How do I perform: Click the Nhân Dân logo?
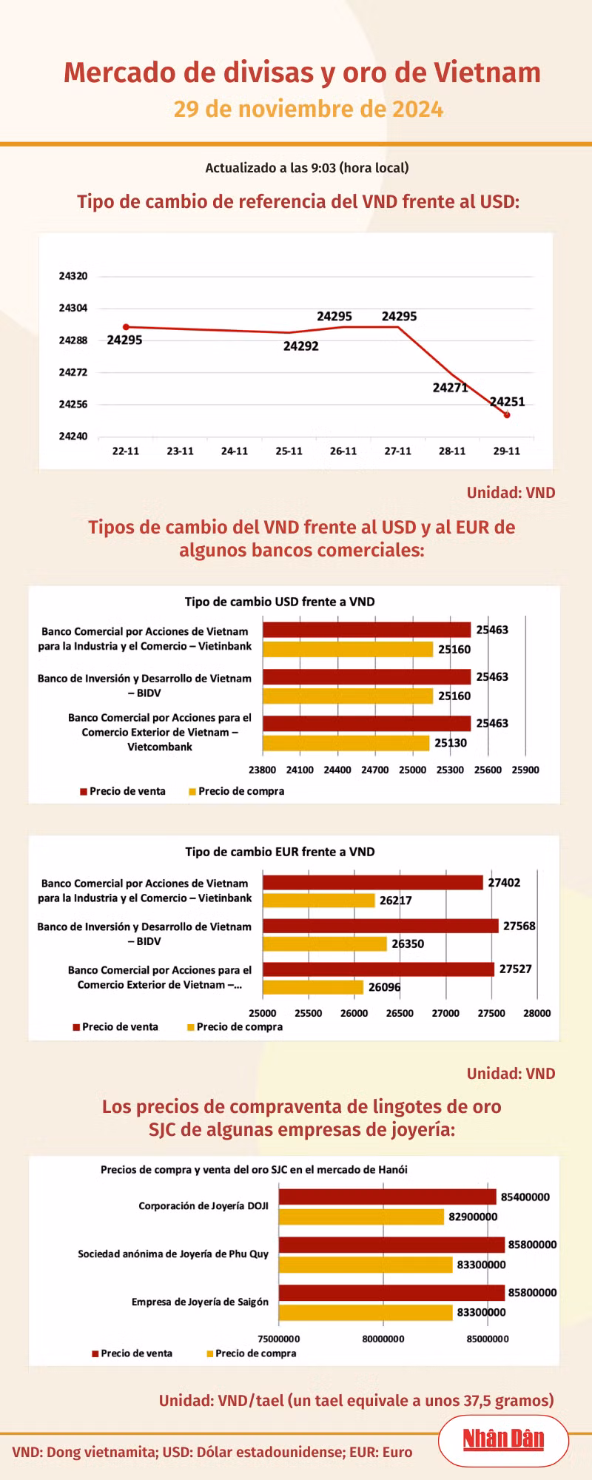(503, 1439)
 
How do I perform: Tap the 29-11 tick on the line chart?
(507, 451)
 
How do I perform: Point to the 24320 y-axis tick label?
(73, 276)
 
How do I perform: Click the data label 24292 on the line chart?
(301, 346)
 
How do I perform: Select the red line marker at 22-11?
(126, 326)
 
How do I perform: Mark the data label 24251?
(508, 402)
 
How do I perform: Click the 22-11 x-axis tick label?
(126, 451)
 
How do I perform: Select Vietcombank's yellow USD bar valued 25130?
(346, 743)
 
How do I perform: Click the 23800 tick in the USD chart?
(263, 770)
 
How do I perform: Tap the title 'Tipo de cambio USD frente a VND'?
(280, 602)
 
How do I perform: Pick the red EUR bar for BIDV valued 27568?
(380, 926)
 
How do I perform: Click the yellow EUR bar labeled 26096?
(313, 987)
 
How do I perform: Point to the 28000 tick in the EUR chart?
(536, 1013)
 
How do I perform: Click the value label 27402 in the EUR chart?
(504, 883)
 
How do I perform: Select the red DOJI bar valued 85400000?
(387, 1197)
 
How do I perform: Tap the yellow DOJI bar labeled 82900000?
(361, 1217)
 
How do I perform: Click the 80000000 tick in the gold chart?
(383, 1339)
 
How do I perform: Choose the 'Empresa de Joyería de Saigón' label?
(200, 1302)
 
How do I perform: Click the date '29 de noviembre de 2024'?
(308, 110)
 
